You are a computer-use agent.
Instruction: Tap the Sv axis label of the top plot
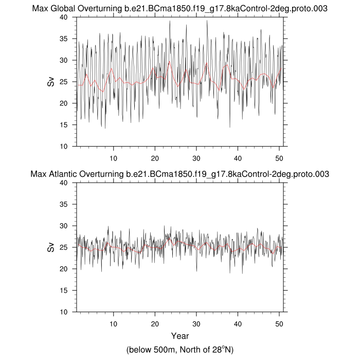tap(51, 82)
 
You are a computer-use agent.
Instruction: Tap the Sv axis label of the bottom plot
tap(51, 247)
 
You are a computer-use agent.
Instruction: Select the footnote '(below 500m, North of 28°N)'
tap(180, 350)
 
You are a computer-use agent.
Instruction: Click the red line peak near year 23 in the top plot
tap(169, 62)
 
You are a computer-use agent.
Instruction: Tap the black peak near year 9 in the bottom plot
tap(108, 226)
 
